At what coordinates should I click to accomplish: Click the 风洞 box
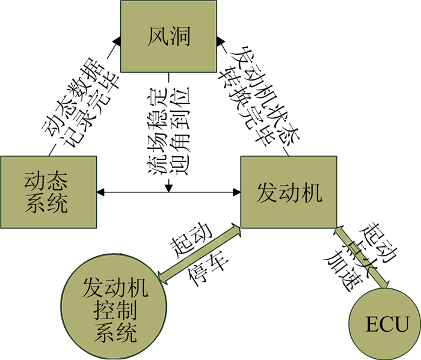click(x=168, y=37)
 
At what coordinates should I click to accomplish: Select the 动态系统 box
click(x=48, y=192)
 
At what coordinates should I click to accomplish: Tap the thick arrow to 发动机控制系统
click(x=198, y=253)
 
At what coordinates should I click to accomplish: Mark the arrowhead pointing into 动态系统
click(x=101, y=192)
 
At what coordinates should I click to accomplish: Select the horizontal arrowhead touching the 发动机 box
click(x=236, y=192)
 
